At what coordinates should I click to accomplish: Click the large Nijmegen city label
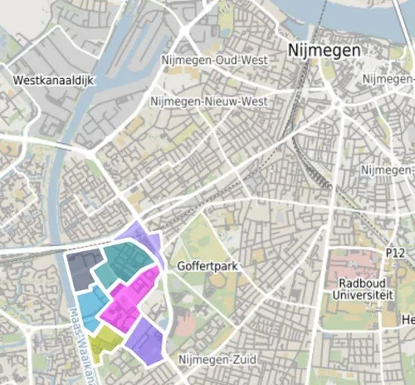(x=325, y=51)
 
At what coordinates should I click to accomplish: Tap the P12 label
(x=394, y=252)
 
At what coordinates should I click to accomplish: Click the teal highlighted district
(x=124, y=266)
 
